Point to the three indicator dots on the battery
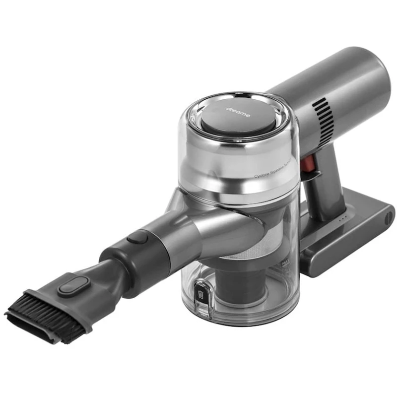(341, 218)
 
